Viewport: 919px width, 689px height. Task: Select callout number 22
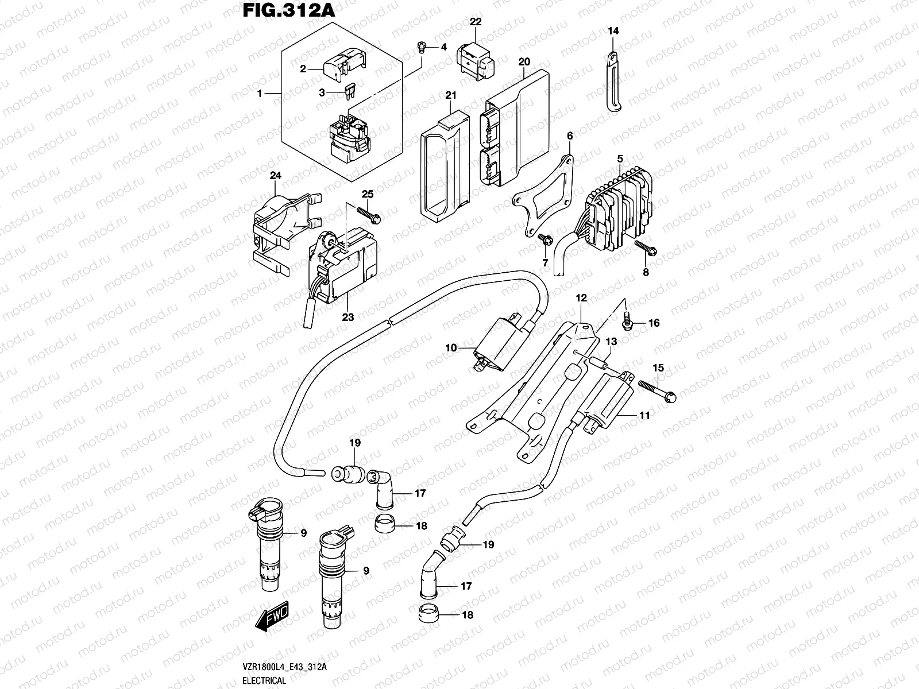tap(476, 22)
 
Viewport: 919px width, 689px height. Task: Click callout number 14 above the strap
tap(613, 31)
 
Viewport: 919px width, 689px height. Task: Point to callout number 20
tap(523, 61)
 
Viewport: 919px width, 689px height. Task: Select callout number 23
tap(348, 316)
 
